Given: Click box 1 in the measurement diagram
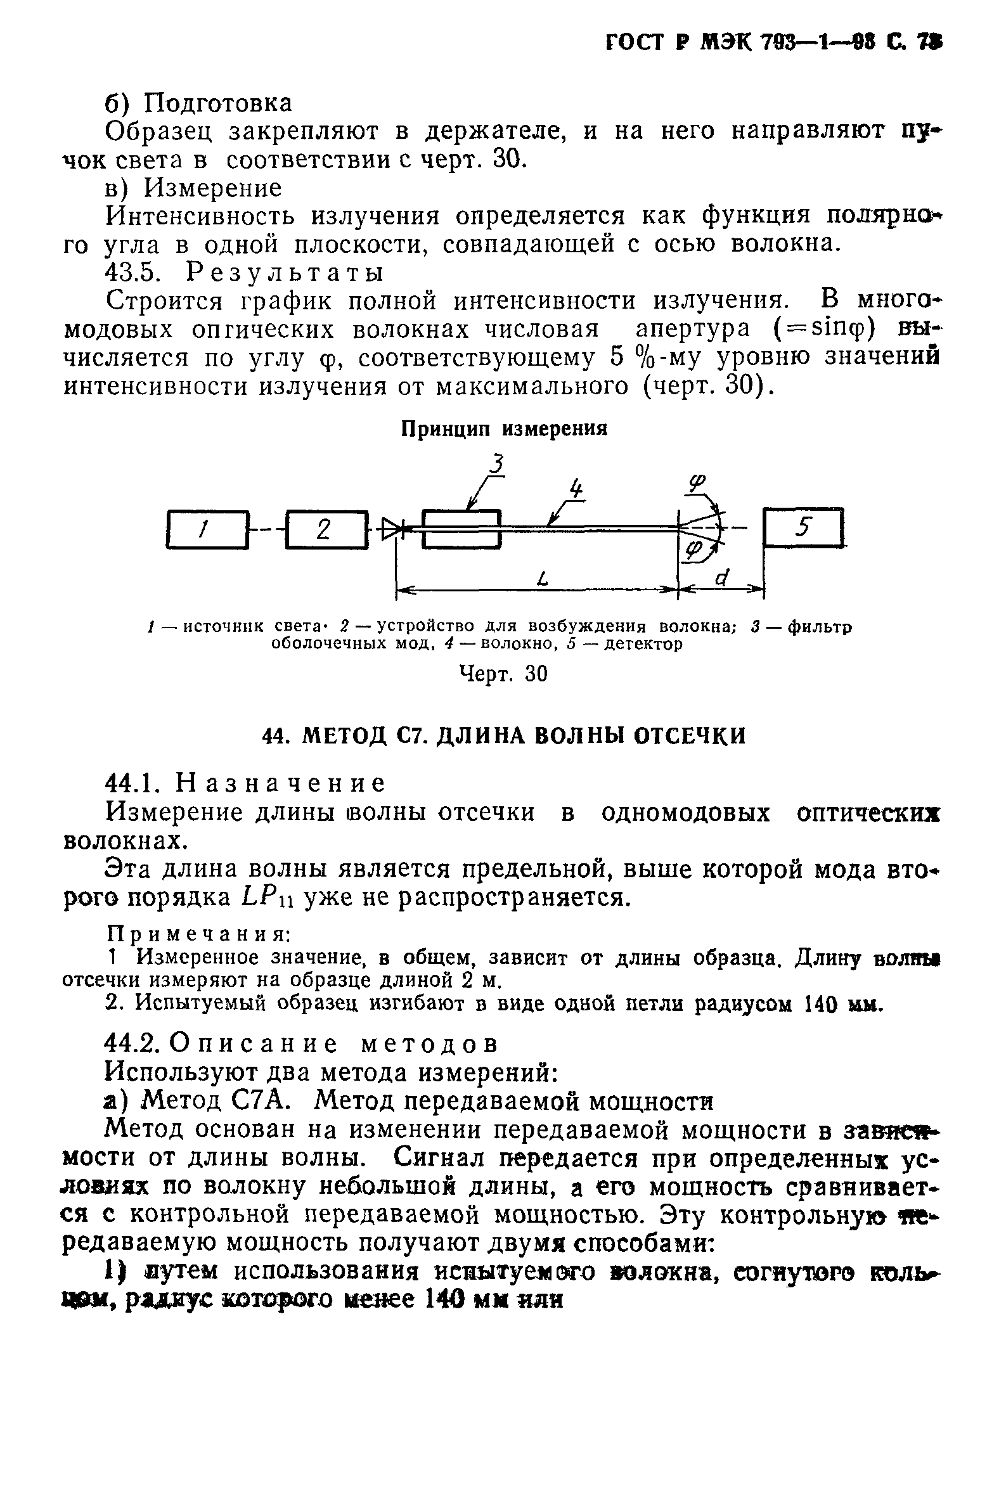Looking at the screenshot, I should pos(207,529).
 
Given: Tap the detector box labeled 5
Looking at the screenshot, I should pos(803,527).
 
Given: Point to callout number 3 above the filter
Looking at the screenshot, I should pos(497,464).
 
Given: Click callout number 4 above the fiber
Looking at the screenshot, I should pos(576,489).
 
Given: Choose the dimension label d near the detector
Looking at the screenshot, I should pos(723,578).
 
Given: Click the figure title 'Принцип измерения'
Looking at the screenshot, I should pos(504,429).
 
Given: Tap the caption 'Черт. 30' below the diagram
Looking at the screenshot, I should pos(504,674).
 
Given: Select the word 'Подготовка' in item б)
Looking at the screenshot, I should pos(218,103).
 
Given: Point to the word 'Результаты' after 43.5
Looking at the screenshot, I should pos(286,273).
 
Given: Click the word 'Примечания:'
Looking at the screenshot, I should pos(200,933).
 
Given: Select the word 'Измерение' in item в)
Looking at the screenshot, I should pos(213,188).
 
